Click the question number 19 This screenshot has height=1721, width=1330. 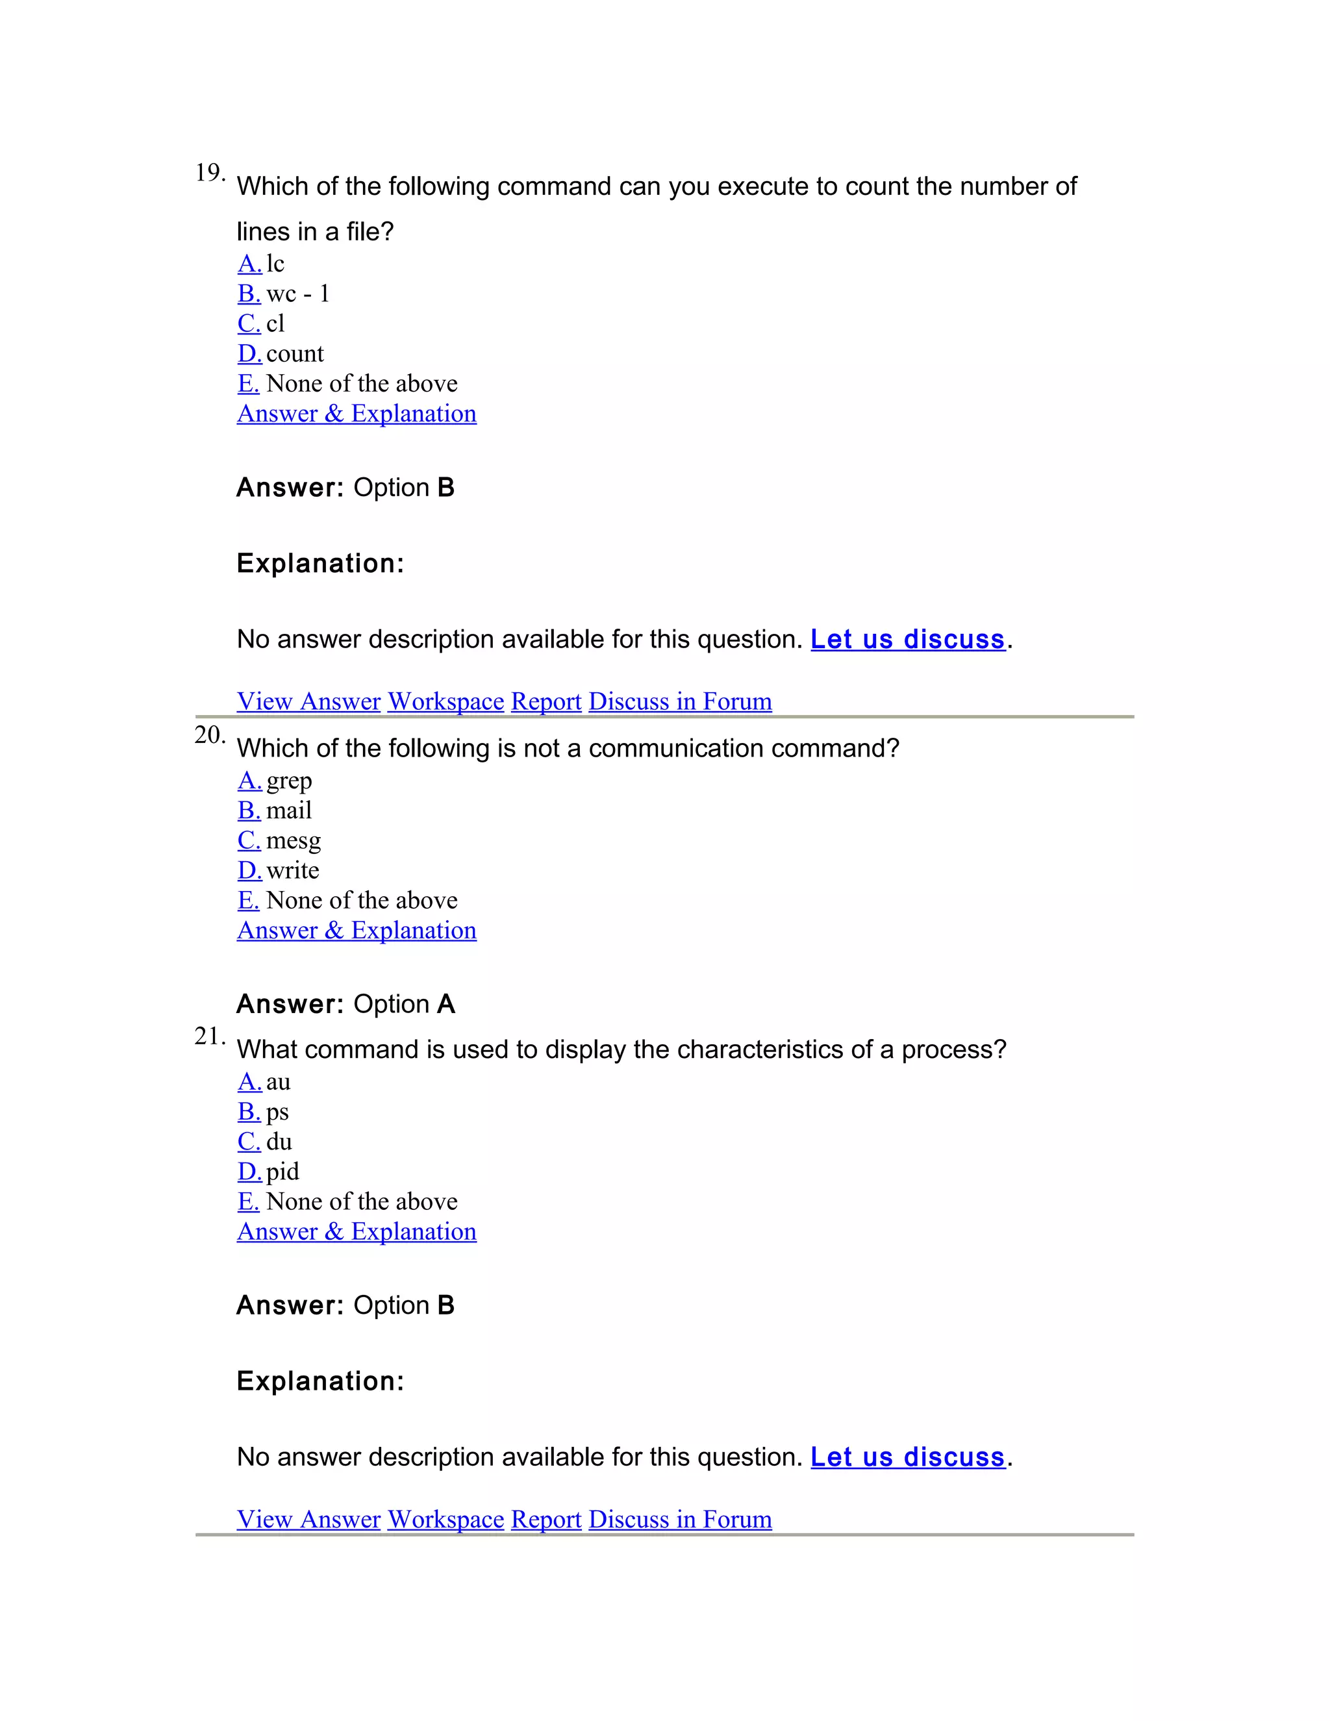pos(209,173)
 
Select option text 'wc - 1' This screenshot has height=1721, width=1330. pos(298,294)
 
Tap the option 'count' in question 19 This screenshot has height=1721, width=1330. pos(295,354)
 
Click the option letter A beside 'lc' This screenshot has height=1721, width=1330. pos(249,264)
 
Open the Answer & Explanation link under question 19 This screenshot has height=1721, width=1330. pos(356,414)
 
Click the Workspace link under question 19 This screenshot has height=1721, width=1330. pos(445,701)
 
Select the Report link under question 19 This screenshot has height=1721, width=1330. pos(546,701)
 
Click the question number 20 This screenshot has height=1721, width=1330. pos(209,735)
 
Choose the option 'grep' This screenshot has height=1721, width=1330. pos(289,781)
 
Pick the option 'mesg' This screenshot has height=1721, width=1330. pos(293,841)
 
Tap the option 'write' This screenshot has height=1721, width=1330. pos(292,871)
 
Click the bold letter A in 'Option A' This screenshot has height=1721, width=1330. pos(446,1004)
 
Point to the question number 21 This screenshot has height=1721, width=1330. pos(209,1036)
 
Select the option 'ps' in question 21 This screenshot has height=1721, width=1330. pos(277,1112)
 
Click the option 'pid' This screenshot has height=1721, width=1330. pos(282,1172)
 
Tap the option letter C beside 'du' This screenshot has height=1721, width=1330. pos(249,1142)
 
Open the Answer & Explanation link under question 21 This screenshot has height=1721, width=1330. pos(356,1231)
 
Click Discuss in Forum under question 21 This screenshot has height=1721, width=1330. pos(680,1519)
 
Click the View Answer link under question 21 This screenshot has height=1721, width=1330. pos(309,1519)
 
